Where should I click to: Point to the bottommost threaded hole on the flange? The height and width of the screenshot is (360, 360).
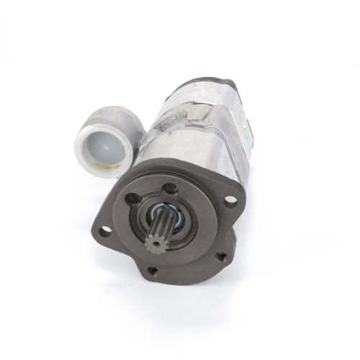152,271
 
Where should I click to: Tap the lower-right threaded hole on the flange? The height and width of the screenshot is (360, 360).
220,254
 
